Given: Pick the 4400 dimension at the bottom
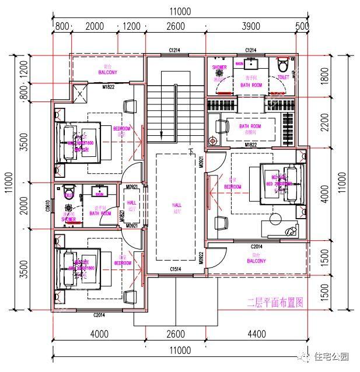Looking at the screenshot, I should pos(257,334).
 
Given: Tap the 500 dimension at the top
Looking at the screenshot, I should pos(302,26).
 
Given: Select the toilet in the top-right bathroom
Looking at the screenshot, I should pos(284,63).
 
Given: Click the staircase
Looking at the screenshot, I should pos(162,105).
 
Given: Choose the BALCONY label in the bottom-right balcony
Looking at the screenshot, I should pos(256,261).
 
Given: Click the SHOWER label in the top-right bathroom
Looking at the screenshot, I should pos(219,68).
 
